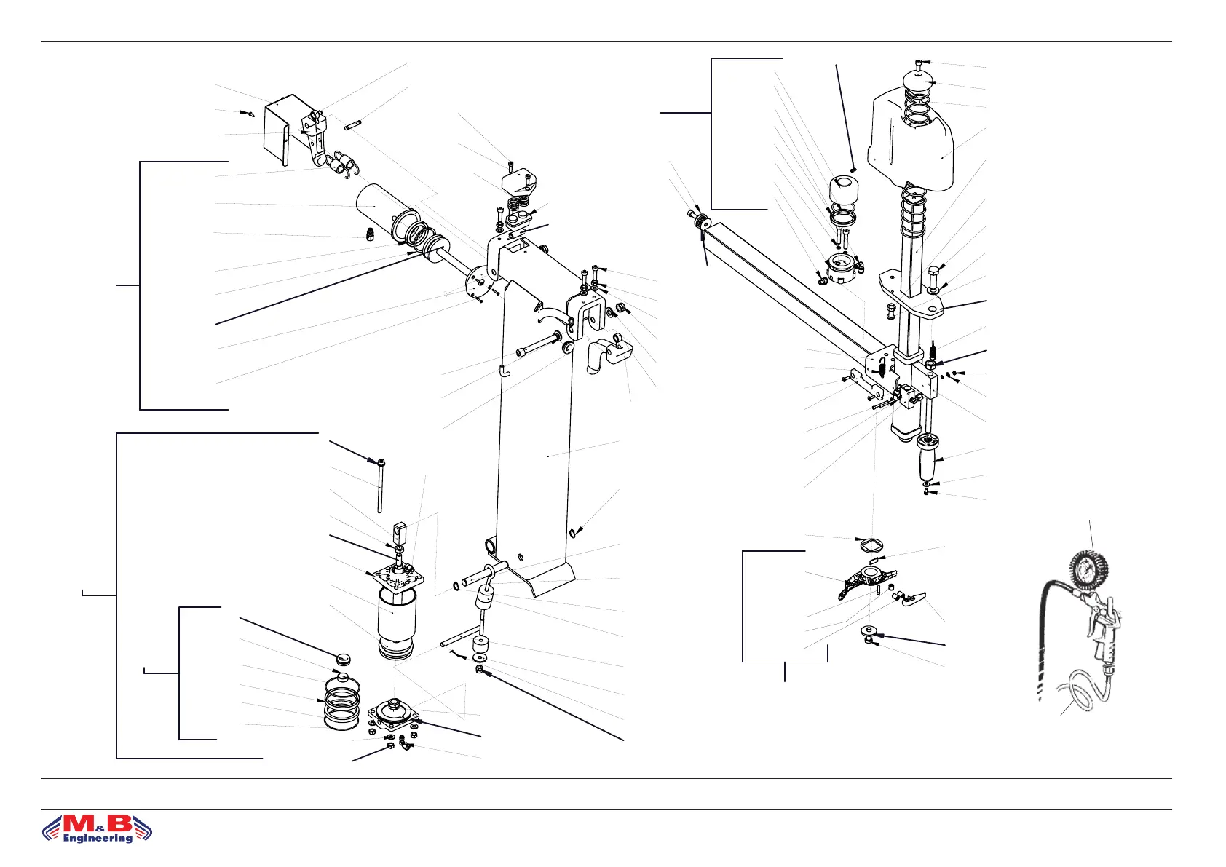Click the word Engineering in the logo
coord(98,838)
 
